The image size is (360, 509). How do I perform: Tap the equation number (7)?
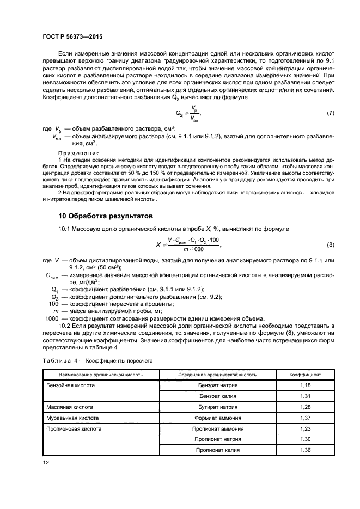[330, 113]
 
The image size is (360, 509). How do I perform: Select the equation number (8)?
[330, 245]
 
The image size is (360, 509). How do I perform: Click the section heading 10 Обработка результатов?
[106, 216]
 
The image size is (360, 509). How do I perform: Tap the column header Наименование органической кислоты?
[101, 375]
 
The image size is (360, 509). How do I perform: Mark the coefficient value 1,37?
[305, 418]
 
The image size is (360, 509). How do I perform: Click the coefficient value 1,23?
[305, 428]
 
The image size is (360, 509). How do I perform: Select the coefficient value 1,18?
[305, 385]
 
